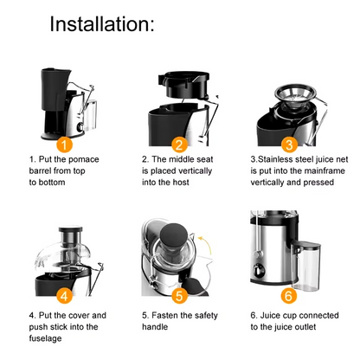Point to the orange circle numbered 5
pyautogui.click(x=179, y=295)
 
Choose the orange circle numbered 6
pyautogui.click(x=289, y=295)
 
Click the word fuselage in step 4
pyautogui.click(x=48, y=338)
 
